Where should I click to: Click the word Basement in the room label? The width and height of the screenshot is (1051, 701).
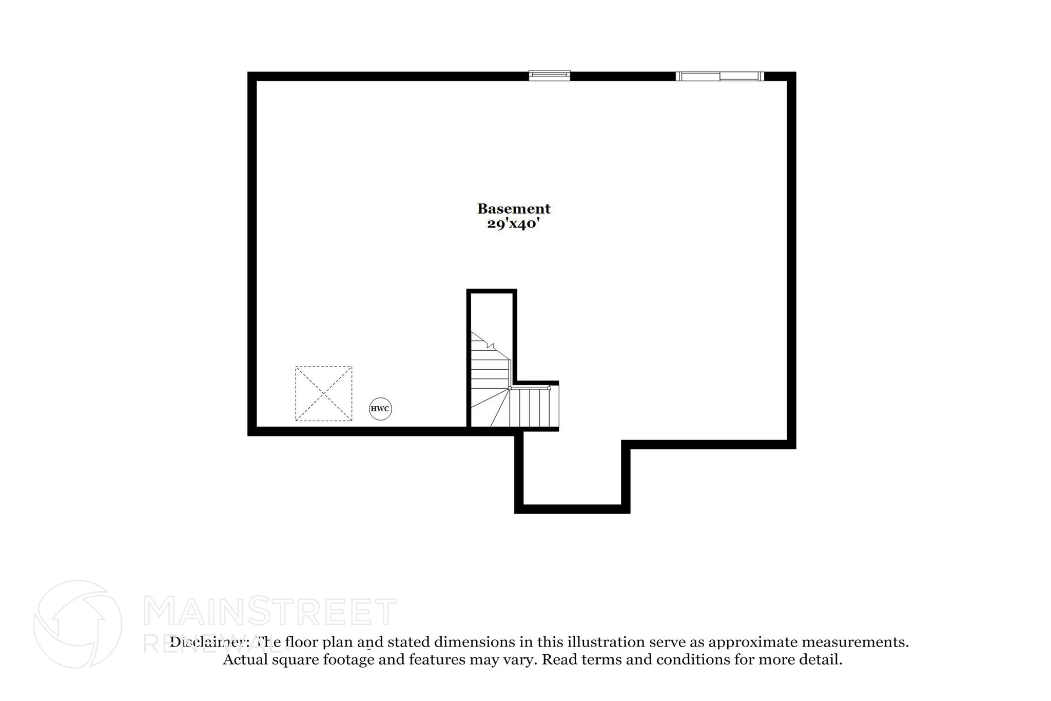click(x=514, y=209)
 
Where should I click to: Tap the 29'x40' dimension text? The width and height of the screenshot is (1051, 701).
click(x=514, y=223)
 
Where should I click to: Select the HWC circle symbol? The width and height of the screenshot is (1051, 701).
click(x=380, y=409)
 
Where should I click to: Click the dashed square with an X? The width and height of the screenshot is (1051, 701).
click(x=323, y=393)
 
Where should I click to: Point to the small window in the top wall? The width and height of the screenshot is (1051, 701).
click(x=550, y=75)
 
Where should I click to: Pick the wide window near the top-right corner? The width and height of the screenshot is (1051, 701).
click(x=719, y=76)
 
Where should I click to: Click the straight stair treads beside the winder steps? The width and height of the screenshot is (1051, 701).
click(x=534, y=408)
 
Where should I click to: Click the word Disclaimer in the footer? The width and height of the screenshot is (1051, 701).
click(x=210, y=642)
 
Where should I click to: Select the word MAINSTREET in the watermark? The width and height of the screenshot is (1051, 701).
click(x=269, y=611)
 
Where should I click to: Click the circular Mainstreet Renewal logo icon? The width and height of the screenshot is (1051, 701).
click(x=77, y=624)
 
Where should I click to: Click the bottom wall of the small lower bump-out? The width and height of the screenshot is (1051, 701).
click(x=572, y=509)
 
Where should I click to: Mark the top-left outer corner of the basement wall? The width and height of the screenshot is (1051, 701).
click(x=249, y=73)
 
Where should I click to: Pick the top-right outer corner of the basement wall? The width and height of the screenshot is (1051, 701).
click(x=794, y=73)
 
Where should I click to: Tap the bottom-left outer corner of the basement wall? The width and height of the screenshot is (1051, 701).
click(x=249, y=434)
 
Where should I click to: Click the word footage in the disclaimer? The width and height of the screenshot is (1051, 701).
click(x=348, y=659)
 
